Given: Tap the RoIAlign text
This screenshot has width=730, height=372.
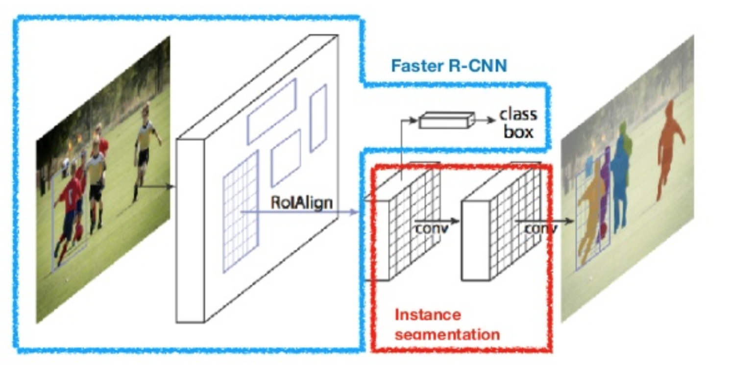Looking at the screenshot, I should (x=301, y=202).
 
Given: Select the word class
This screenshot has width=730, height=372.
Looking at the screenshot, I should (x=518, y=114).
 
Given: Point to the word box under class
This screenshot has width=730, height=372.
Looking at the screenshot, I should (x=518, y=132).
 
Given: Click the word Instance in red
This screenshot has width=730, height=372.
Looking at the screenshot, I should (x=428, y=314).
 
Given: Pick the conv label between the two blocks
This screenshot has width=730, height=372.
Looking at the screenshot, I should (x=431, y=228).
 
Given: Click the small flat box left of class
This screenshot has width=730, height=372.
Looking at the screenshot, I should (x=446, y=120).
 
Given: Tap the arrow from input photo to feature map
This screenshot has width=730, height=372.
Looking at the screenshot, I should (x=156, y=186).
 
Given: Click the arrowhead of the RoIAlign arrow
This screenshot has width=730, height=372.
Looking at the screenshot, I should (x=355, y=212).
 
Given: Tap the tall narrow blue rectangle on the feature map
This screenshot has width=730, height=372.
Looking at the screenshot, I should (x=318, y=118).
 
